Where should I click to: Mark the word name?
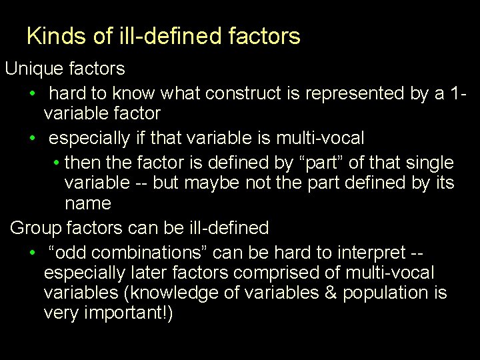coord(87,203)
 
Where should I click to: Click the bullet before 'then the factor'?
coord(57,163)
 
